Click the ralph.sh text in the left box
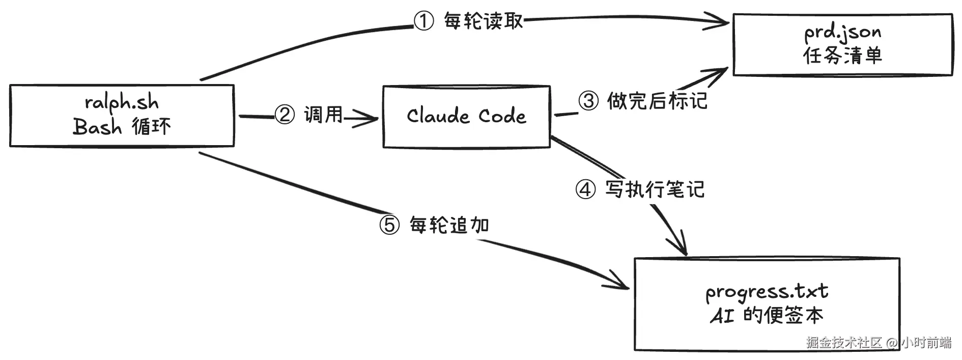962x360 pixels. [x=122, y=102]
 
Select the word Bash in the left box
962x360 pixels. [x=97, y=126]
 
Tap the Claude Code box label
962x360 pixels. [x=466, y=116]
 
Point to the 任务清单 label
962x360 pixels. [x=842, y=56]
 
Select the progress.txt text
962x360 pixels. [x=767, y=292]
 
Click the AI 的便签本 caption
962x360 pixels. [x=767, y=316]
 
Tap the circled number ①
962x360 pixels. [x=423, y=21]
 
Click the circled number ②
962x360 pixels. [x=285, y=115]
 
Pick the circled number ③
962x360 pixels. [x=588, y=100]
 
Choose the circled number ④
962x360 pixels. [x=585, y=189]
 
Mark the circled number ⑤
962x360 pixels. [x=390, y=225]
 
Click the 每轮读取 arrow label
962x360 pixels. [x=483, y=21]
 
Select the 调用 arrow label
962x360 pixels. [x=324, y=115]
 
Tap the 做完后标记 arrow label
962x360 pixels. [x=657, y=100]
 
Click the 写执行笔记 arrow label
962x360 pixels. [x=655, y=189]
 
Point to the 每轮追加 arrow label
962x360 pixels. [x=449, y=225]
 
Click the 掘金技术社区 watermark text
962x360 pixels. [x=844, y=342]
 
